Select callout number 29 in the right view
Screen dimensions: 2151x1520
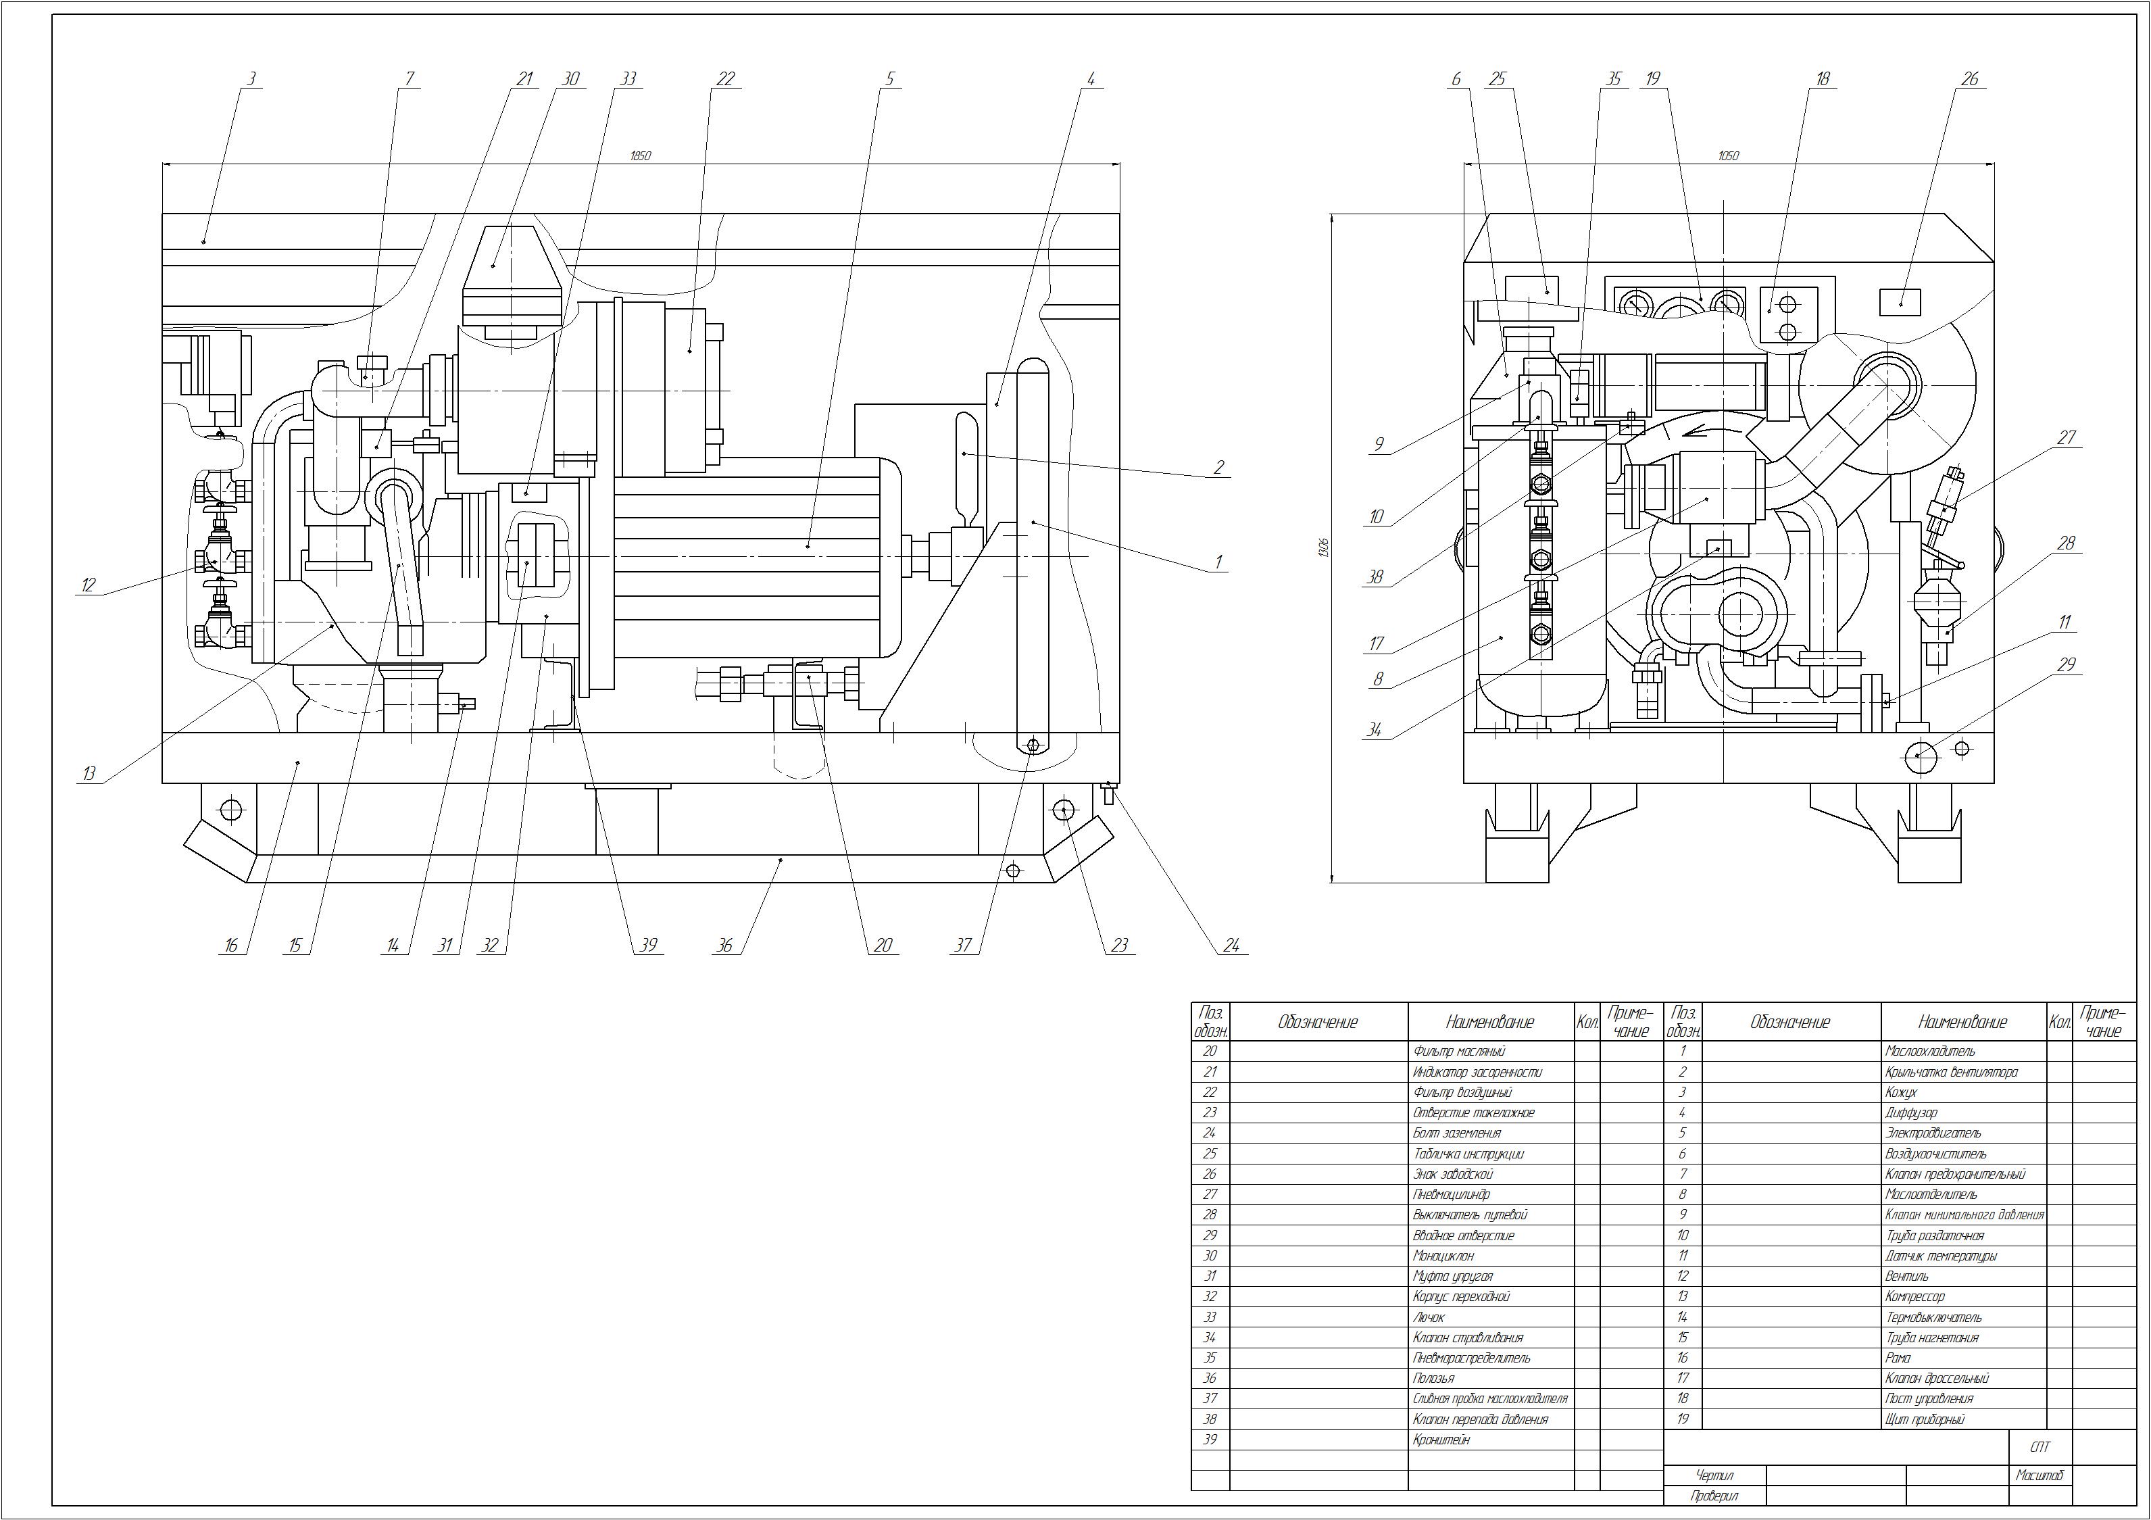[2067, 664]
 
